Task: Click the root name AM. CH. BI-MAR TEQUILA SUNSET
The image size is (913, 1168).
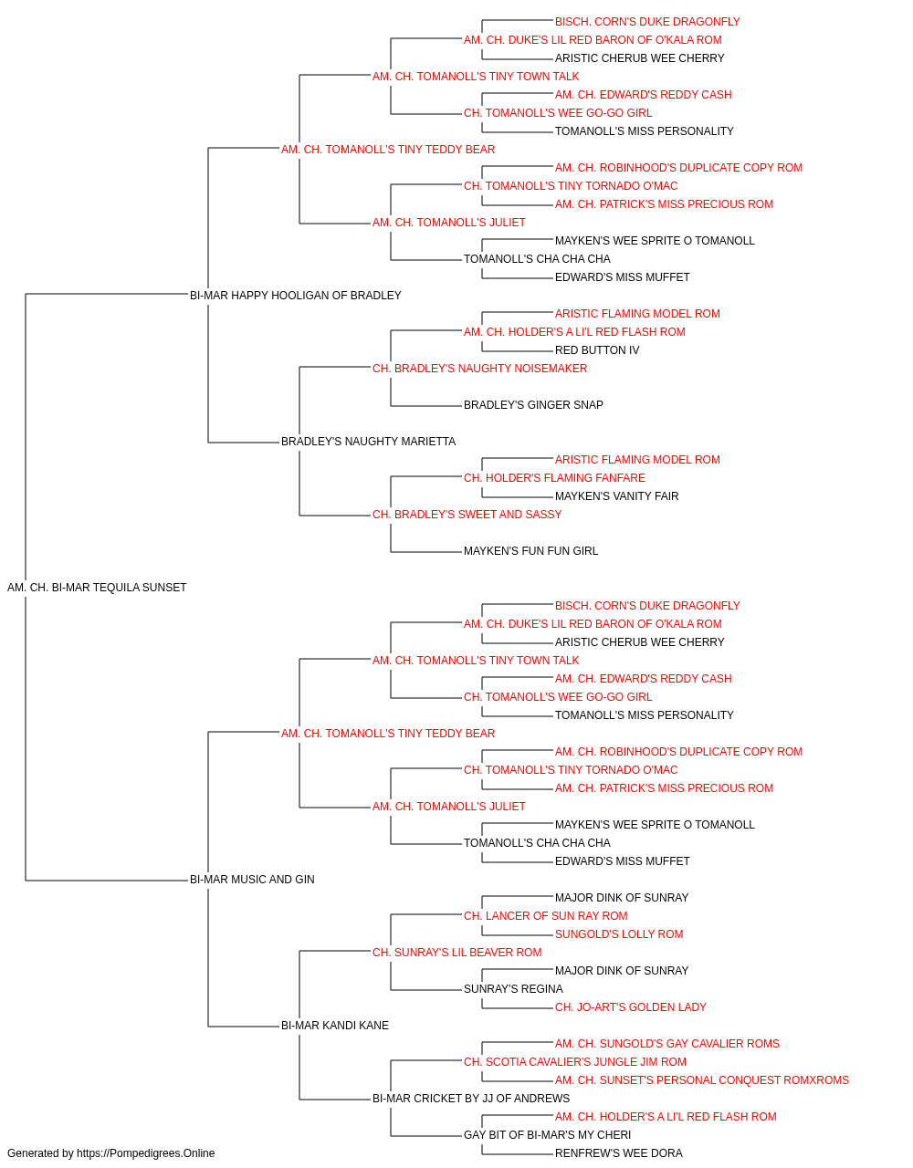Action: (97, 588)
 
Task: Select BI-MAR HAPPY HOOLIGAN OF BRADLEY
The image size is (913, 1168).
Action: (295, 296)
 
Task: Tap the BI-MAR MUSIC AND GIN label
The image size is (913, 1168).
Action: (252, 880)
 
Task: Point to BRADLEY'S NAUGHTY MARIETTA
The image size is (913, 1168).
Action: (368, 442)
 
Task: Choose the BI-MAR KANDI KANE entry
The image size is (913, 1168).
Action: (335, 1026)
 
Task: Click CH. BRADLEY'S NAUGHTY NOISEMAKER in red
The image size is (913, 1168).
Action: (479, 369)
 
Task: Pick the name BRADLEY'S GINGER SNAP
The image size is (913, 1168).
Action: (533, 405)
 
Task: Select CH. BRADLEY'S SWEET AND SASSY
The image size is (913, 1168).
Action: (467, 515)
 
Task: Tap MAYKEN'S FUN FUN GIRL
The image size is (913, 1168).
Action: (530, 551)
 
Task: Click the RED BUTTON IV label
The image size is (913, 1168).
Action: (597, 350)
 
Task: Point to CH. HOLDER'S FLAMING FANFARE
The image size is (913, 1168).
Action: (554, 478)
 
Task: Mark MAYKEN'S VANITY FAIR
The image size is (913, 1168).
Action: (617, 496)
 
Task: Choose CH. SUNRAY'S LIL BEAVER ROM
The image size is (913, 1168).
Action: (457, 953)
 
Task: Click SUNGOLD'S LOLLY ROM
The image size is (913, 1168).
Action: (619, 934)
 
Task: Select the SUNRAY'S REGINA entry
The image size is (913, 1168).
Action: (513, 989)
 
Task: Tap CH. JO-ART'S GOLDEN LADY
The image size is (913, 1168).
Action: (630, 1007)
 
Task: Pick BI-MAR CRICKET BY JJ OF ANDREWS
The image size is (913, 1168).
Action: (471, 1099)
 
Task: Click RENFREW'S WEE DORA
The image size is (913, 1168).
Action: (618, 1153)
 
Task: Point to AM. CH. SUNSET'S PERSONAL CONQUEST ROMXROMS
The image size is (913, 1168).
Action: (702, 1080)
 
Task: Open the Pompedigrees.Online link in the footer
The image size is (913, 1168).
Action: (146, 1153)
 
